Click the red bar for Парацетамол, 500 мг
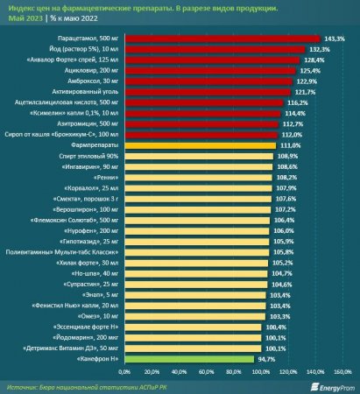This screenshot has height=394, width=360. point(219,39)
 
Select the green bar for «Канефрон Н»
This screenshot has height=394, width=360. point(187,359)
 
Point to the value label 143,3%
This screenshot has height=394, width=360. point(335,39)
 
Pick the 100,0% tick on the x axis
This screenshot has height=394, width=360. point(262,370)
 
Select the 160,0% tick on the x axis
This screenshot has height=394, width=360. point(342,370)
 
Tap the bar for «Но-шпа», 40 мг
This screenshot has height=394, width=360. point(193,273)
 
